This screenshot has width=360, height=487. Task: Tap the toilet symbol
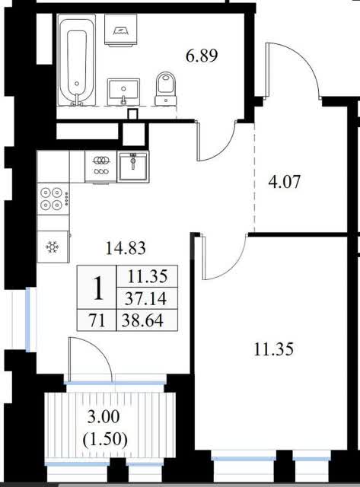click(x=166, y=88)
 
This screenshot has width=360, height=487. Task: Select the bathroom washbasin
click(x=123, y=92)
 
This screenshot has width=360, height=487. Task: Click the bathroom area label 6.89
click(x=202, y=56)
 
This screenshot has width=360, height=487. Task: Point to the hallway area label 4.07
click(x=284, y=182)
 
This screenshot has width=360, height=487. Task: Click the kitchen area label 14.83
click(x=126, y=248)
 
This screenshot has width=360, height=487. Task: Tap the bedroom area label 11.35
click(x=273, y=349)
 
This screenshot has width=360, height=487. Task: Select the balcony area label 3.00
click(x=104, y=417)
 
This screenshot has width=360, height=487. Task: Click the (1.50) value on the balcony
click(x=105, y=440)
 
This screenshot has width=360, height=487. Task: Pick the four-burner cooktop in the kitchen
click(x=53, y=198)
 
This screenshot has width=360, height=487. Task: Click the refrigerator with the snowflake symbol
click(x=53, y=247)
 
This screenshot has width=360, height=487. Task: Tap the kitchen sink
click(x=133, y=167)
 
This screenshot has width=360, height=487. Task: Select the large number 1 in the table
click(x=98, y=288)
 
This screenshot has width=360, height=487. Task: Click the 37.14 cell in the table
click(x=145, y=299)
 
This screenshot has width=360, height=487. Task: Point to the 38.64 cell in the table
click(x=142, y=320)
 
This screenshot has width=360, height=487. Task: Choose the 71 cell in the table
click(x=97, y=320)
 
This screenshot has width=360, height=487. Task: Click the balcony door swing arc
click(x=100, y=347)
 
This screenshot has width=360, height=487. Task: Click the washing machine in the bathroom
click(x=121, y=30)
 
